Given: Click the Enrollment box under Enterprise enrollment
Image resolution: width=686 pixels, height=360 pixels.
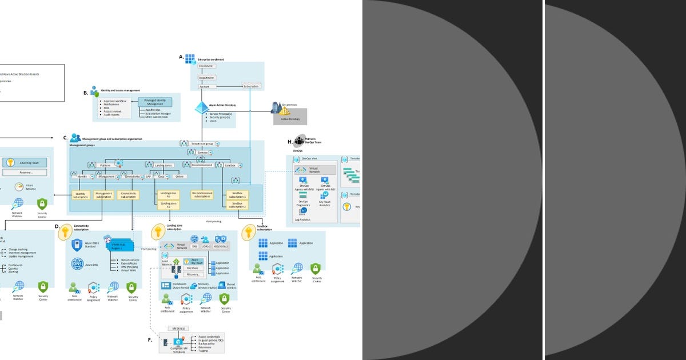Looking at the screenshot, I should pos(206,66).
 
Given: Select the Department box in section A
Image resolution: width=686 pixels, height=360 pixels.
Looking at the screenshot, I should pos(206,77).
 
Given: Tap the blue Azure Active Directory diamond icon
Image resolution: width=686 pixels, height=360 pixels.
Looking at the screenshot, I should pos(202,107).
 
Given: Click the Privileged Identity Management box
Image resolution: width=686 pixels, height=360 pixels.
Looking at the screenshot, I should pos(154,102).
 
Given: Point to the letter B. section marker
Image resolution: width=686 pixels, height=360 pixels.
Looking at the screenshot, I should pos(86,93).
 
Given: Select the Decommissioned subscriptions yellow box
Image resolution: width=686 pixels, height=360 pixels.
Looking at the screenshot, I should pos(202,195).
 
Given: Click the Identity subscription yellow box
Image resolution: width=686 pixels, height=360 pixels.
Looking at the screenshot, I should pos(81,195).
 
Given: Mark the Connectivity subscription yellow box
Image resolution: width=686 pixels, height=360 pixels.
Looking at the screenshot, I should pos(128,195).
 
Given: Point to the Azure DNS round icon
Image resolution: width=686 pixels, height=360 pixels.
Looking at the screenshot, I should pos(77,264).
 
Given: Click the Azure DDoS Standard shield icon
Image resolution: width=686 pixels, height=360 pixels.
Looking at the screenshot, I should pos(77,245).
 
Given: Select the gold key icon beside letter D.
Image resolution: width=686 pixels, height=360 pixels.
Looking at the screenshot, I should pos(66,231).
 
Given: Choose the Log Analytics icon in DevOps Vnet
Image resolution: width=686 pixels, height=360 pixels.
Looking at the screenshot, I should pos(304,211).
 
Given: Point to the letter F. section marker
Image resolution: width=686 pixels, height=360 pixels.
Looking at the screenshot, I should pos(150,340).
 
